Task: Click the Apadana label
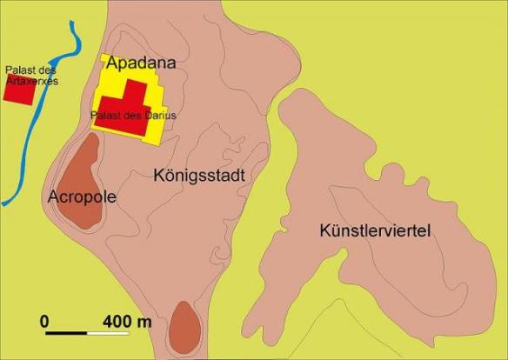(141, 63)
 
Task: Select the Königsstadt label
(196, 175)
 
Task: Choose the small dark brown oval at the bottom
(184, 326)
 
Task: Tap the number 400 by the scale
(117, 321)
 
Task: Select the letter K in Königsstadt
(157, 175)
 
